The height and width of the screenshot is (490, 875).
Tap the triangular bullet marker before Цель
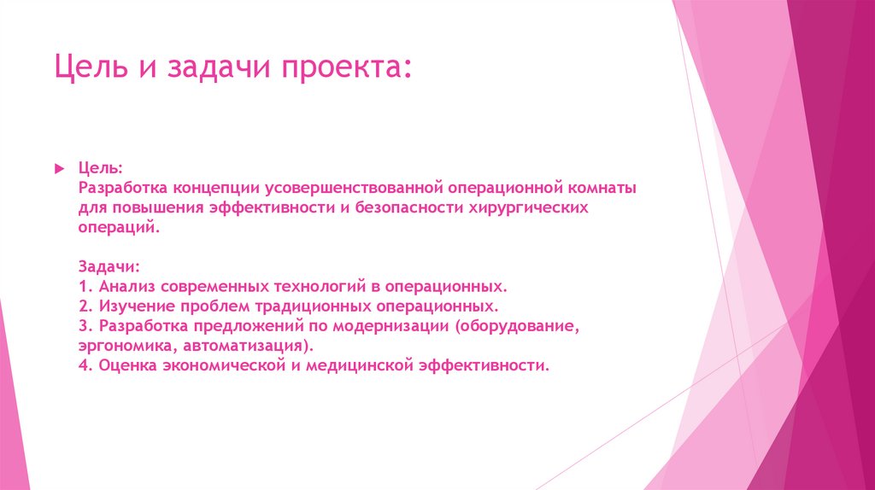[60, 165]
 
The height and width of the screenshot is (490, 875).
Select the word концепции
[220, 186]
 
